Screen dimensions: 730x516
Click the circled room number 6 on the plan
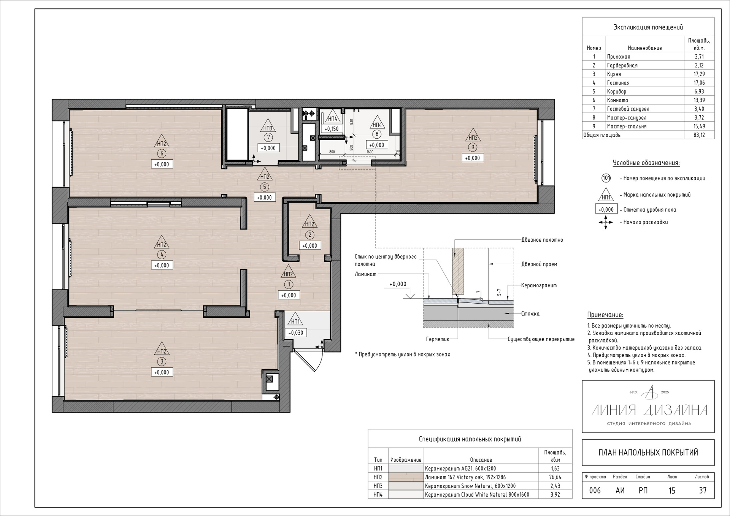pos(162,154)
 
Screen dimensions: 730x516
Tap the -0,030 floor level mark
pos(296,333)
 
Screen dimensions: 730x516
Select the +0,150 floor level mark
pos(332,129)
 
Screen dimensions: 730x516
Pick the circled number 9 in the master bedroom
pos(473,147)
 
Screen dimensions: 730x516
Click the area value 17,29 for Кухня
pos(699,74)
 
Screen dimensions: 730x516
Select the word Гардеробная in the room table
pos(622,65)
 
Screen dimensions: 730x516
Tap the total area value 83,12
pos(699,135)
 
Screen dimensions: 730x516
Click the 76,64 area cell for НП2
pos(555,477)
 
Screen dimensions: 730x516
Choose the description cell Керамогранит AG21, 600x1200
pos(460,469)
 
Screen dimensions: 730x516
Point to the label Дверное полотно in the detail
pos(542,240)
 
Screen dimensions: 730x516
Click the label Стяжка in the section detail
pos(530,314)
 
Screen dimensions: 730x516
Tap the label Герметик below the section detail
pos(438,339)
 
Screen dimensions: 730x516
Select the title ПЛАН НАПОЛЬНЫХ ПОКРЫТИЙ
pos(648,453)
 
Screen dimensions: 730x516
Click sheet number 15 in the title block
pos(672,491)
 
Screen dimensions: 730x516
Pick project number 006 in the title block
pos(595,491)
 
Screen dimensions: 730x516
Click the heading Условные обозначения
pos(646,163)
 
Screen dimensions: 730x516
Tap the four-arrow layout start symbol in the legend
pos(606,222)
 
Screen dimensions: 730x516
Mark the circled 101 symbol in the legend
pos(606,178)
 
